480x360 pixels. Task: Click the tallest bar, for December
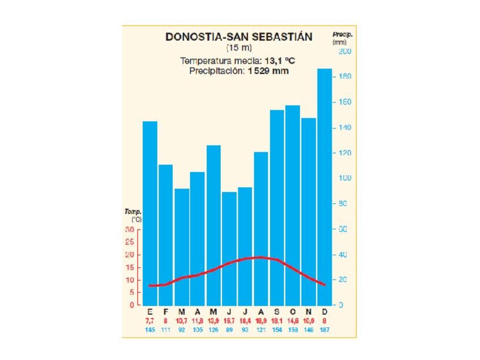pyautogui.click(x=324, y=187)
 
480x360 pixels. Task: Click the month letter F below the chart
pyautogui.click(x=166, y=312)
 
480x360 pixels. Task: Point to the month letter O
pyautogui.click(x=293, y=312)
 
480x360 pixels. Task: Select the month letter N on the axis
pyautogui.click(x=308, y=312)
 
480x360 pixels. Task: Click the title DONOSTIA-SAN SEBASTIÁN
pyautogui.click(x=238, y=37)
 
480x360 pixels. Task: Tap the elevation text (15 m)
pyautogui.click(x=238, y=48)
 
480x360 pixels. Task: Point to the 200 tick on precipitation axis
pyautogui.click(x=345, y=52)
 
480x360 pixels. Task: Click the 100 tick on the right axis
pyautogui.click(x=345, y=178)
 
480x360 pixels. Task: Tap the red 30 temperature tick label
pyautogui.click(x=130, y=230)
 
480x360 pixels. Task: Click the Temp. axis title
pyautogui.click(x=133, y=212)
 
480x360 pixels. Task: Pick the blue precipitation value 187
pyautogui.click(x=324, y=329)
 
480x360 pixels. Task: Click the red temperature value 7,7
pyautogui.click(x=150, y=321)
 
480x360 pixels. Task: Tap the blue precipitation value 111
pyautogui.click(x=166, y=329)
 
